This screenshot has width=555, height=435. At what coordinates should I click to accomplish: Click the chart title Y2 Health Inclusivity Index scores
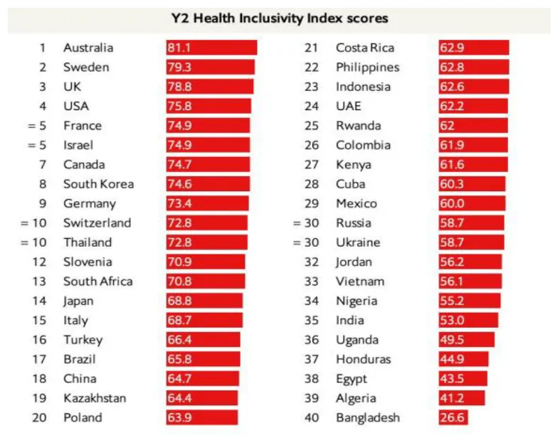[x=280, y=17]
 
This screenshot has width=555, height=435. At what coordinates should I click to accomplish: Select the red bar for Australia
[x=211, y=48]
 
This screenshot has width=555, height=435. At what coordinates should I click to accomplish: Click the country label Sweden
[x=86, y=68]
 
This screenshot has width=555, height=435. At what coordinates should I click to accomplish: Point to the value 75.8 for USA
[x=179, y=106]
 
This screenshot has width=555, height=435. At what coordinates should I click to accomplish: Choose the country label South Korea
[x=98, y=183]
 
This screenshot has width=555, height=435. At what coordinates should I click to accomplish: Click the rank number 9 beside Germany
[x=42, y=203]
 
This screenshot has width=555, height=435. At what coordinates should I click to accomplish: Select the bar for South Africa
[x=206, y=281]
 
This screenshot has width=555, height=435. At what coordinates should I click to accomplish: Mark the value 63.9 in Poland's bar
[x=179, y=417]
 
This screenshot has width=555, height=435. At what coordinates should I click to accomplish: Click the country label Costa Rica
[x=365, y=48]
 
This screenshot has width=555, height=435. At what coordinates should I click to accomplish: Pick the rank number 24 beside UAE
[x=312, y=106]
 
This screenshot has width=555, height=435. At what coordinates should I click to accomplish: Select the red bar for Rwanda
[x=473, y=126]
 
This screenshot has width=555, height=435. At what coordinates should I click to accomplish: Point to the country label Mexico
[x=356, y=203]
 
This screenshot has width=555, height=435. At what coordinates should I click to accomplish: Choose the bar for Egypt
[x=462, y=379]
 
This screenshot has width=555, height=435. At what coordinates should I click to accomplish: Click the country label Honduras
[x=362, y=359]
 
